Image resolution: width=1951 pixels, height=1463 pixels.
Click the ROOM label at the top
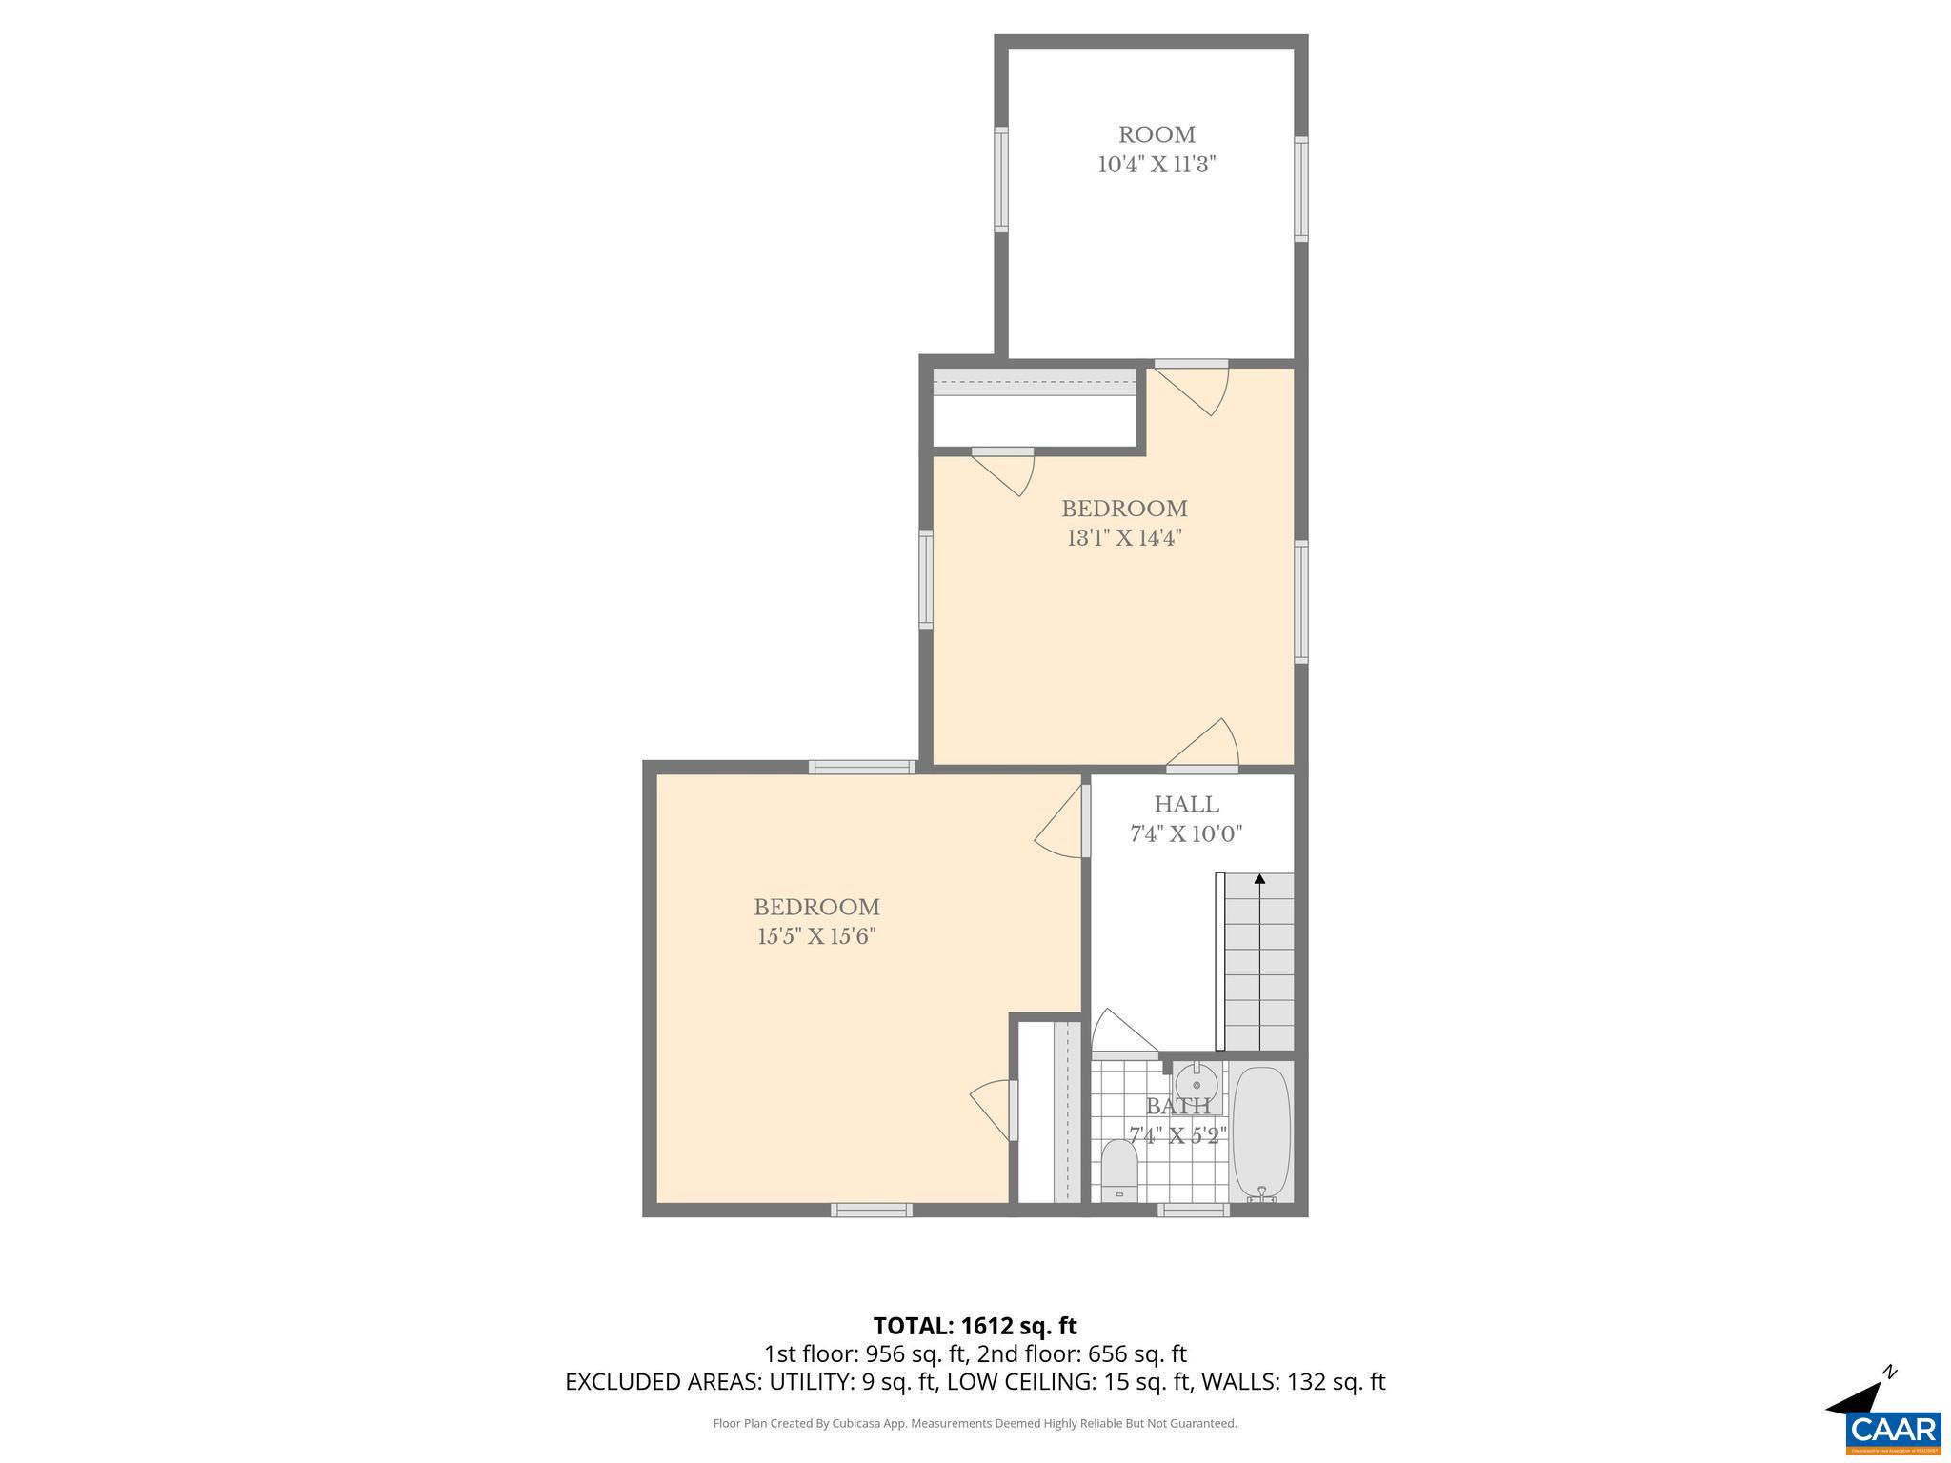(1157, 135)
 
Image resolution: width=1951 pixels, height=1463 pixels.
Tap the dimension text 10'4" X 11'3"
(1157, 165)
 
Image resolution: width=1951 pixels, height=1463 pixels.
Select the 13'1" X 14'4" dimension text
(1124, 538)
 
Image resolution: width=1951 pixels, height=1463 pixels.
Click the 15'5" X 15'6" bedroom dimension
(816, 937)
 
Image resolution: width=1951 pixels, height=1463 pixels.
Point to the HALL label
(1186, 805)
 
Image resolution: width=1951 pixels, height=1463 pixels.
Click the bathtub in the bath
(1261, 1133)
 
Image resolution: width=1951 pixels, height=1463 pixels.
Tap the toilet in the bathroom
(1119, 1172)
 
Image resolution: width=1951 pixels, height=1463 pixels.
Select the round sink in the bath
(1196, 1084)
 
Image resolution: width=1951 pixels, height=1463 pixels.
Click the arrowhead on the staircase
(1259, 879)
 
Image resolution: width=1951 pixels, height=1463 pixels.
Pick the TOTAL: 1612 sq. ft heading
(975, 1326)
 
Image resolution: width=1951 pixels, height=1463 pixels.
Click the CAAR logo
(1893, 1432)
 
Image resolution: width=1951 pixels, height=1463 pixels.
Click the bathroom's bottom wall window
(1194, 1211)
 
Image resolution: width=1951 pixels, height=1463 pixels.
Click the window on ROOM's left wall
(1001, 179)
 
